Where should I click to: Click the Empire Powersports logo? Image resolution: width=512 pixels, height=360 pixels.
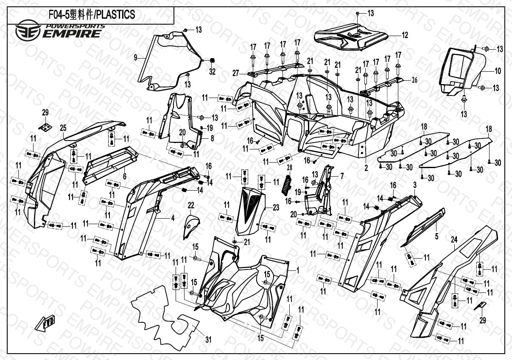pos(60,31)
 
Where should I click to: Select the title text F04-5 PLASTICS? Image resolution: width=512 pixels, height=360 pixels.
pos(92,15)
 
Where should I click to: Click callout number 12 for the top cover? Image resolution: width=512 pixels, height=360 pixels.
pos(405,35)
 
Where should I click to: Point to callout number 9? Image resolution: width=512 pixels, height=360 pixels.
pos(135,57)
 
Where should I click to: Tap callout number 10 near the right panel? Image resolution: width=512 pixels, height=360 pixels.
pos(498,71)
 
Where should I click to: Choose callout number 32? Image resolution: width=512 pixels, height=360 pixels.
pos(212,72)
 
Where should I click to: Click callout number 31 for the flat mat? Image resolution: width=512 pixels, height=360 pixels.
pos(208,339)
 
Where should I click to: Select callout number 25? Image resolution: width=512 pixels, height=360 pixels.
pos(63,127)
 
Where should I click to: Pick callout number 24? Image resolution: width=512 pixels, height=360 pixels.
pos(453,240)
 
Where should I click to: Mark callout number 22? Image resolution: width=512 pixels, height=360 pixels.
pos(191,206)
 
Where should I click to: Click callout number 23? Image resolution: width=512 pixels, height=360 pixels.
pos(276,208)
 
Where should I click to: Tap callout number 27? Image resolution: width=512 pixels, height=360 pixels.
pos(235,73)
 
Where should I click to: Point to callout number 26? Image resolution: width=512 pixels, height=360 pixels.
pos(414,79)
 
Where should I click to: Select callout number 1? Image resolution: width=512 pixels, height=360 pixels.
pos(297,270)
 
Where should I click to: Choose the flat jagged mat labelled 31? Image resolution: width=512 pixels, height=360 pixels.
pos(165,314)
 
